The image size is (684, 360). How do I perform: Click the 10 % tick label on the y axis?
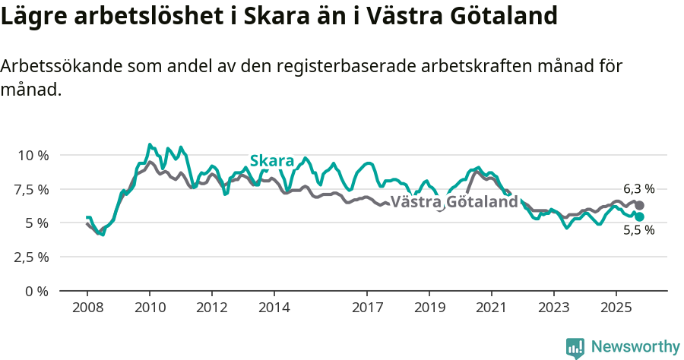[x=33, y=155]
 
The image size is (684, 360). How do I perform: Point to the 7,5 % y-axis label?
[x=31, y=189]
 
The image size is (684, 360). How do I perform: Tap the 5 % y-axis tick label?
[x=36, y=223]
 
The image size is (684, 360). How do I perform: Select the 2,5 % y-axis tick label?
[x=31, y=257]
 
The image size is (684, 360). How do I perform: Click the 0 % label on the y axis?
[x=36, y=291]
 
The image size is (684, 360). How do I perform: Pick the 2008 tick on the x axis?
[x=87, y=308]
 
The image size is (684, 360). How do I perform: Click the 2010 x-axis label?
[x=150, y=308]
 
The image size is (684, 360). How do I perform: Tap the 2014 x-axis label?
[x=274, y=308]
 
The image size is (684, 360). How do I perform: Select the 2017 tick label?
[x=367, y=308]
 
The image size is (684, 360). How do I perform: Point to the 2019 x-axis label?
[x=429, y=308]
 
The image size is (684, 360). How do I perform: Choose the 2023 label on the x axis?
[x=553, y=308]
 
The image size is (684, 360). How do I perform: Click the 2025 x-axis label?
[x=616, y=308]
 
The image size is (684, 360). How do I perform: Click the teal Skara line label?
[x=272, y=161]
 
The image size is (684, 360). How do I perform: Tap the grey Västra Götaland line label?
[x=454, y=202]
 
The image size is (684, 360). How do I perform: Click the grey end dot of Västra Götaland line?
[x=640, y=206]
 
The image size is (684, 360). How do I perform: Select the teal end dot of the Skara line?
[x=640, y=216]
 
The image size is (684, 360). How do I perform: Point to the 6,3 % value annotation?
[x=638, y=189]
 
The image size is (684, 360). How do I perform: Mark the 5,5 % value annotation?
[x=638, y=231]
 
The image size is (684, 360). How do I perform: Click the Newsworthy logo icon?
[x=575, y=348]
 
